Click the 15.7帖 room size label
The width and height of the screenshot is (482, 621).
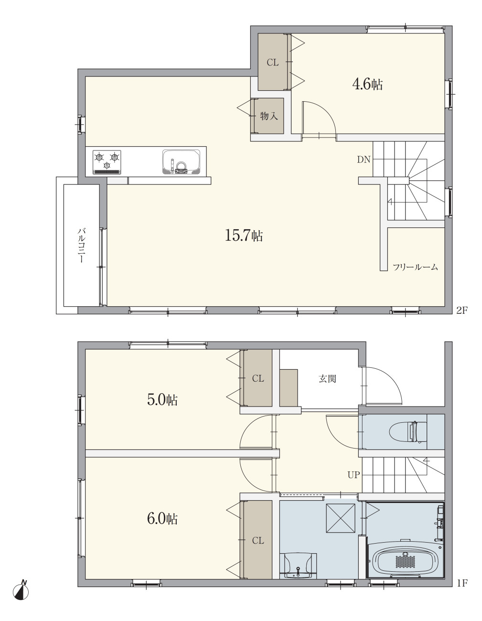(x=244, y=236)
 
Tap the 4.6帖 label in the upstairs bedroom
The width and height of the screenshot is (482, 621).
(x=367, y=84)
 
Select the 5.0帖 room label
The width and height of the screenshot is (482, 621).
(x=162, y=400)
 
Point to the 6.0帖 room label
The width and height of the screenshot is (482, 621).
(x=162, y=519)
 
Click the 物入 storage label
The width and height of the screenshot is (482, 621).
(x=269, y=116)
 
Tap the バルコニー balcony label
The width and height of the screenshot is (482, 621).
(x=82, y=245)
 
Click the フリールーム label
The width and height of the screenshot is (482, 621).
(x=415, y=267)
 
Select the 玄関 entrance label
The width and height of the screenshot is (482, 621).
(x=327, y=379)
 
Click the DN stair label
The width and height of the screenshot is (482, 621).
(x=364, y=160)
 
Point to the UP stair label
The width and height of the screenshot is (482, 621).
(x=353, y=475)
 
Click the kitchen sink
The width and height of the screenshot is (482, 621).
(x=181, y=162)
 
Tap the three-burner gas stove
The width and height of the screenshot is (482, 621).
(x=107, y=162)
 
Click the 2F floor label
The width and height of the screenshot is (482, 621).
(x=461, y=310)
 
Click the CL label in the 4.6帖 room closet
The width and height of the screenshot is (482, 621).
(x=273, y=63)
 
